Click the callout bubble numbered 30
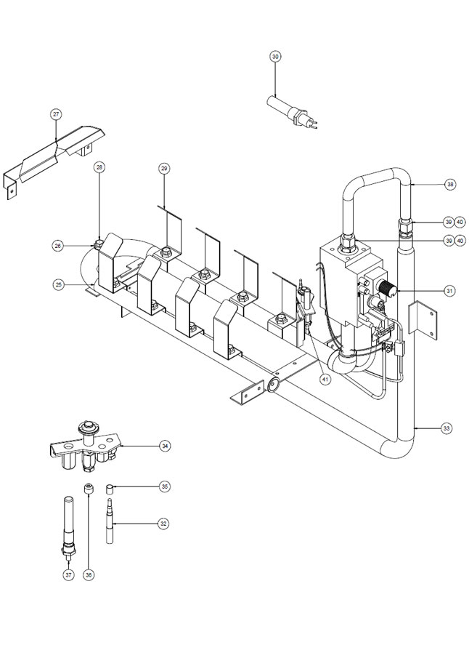click(275, 56)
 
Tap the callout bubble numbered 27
click(56, 114)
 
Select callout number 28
click(99, 168)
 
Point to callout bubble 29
click(164, 169)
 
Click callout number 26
click(58, 246)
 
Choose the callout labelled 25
click(58, 284)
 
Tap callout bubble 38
click(450, 185)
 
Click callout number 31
click(449, 291)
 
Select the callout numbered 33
click(446, 428)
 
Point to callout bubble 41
click(325, 380)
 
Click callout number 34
click(165, 446)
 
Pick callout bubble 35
click(164, 486)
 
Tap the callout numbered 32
click(163, 524)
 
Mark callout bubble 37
click(68, 575)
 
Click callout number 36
click(89, 575)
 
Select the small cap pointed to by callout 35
click(109, 489)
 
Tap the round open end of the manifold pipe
click(272, 384)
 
